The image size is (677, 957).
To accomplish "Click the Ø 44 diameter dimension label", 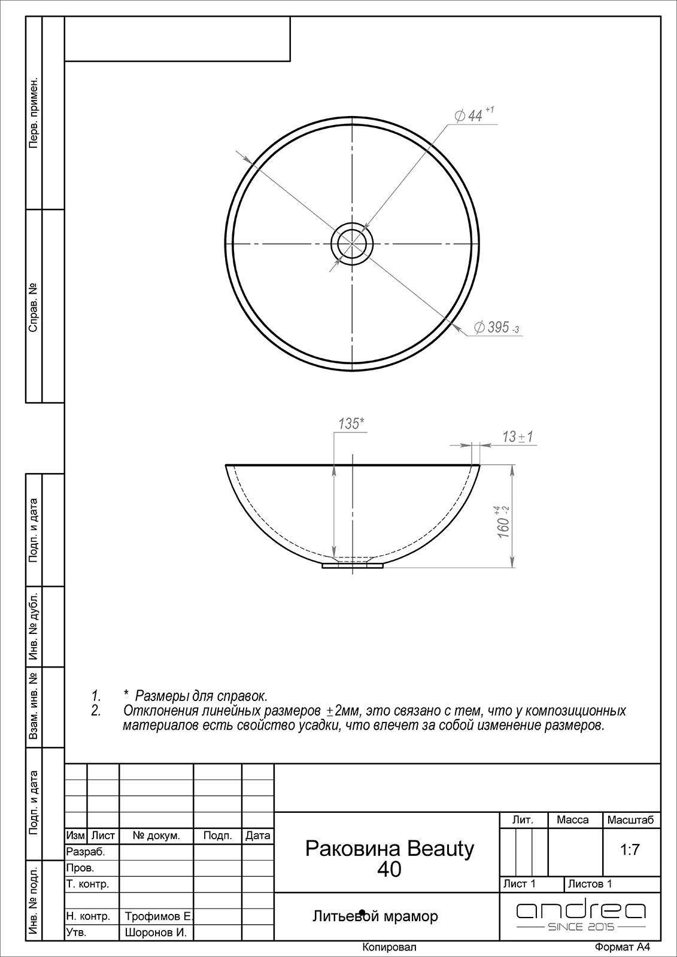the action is point(474,115).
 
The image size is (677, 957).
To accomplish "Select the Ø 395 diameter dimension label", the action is point(496,327).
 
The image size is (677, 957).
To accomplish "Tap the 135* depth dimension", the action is point(351,424).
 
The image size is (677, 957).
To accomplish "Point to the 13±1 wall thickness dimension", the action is point(518,437).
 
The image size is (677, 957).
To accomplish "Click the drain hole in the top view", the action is point(352,244).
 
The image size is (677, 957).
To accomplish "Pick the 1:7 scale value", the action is point(630,850).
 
